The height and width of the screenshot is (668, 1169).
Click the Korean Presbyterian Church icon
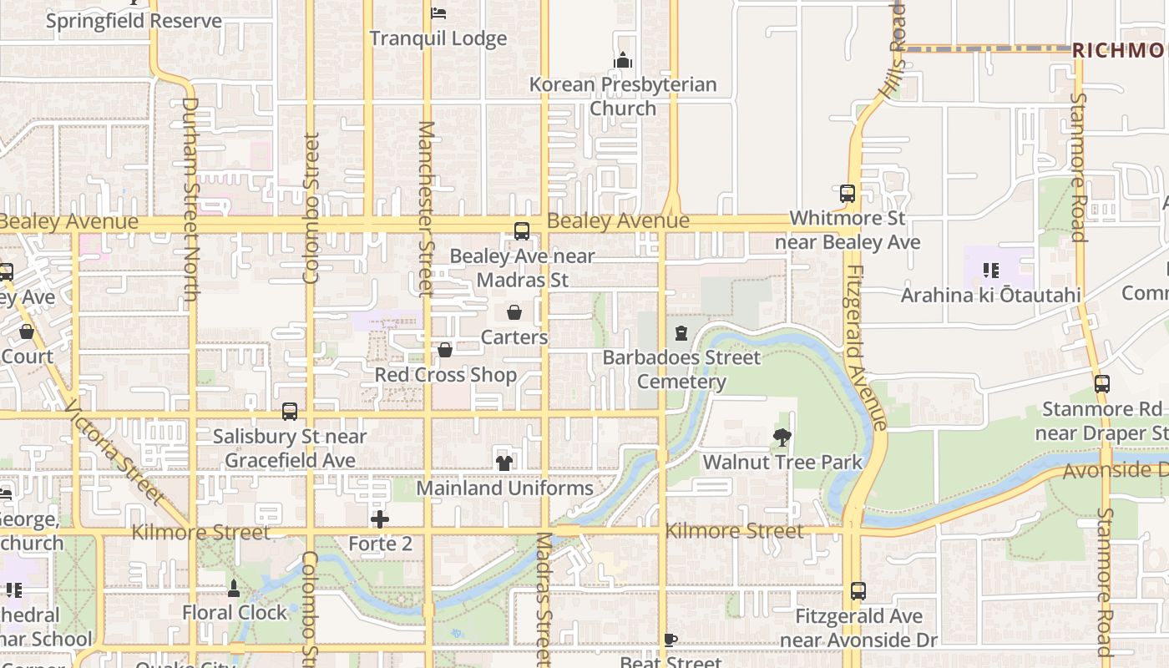(623, 60)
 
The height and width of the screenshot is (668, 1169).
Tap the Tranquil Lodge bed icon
(438, 13)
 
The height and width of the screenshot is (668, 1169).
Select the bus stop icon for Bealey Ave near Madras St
(522, 231)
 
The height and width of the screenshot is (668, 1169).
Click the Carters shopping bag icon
(514, 312)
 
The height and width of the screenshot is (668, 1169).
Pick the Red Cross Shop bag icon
(445, 350)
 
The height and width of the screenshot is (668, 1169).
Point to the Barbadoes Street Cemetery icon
(681, 333)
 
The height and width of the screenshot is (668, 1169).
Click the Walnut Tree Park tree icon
(782, 437)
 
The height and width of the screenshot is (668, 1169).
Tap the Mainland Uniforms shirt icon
(504, 463)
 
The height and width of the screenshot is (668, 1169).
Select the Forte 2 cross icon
(380, 519)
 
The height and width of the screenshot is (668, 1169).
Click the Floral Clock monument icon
(235, 588)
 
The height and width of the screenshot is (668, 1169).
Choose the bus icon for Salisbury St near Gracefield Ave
(290, 412)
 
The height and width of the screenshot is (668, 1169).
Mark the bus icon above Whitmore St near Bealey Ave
(848, 194)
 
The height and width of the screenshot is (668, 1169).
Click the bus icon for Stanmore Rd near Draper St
(1102, 384)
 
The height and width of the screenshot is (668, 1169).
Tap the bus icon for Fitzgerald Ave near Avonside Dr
(858, 591)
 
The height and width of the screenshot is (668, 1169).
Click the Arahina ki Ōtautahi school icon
(991, 270)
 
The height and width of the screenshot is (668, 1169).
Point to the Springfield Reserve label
(134, 21)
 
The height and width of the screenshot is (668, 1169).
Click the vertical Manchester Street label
(427, 209)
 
